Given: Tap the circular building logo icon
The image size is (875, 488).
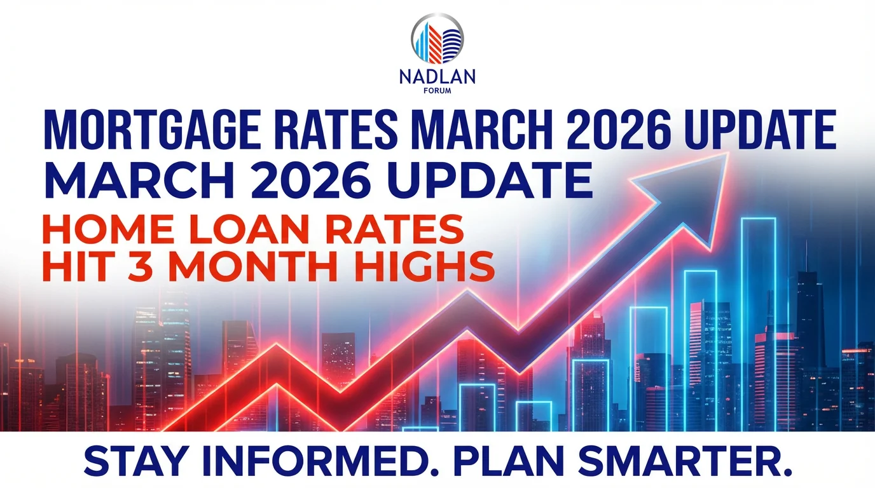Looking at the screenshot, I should [x=437, y=37].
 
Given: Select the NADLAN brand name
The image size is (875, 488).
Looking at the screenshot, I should [x=437, y=78].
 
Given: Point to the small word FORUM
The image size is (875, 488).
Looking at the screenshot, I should [x=437, y=90].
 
